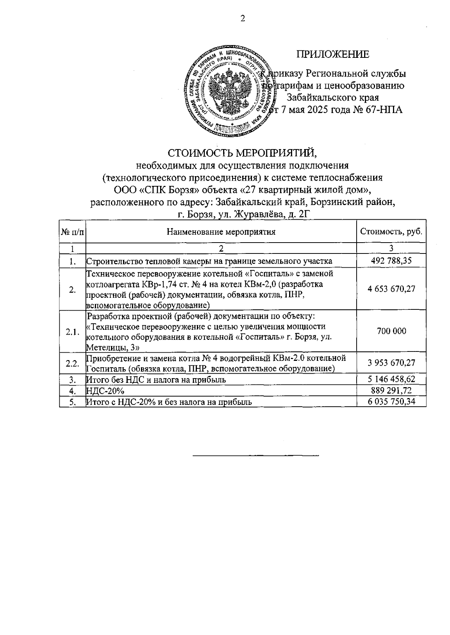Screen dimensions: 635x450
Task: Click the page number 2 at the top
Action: [243, 19]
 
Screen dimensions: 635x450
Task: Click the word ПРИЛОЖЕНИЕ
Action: [333, 54]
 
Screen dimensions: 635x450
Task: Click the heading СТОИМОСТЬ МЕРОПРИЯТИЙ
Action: [242, 153]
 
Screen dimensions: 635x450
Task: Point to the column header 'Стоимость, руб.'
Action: [391, 231]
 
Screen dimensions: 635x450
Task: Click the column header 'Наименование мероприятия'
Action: [221, 232]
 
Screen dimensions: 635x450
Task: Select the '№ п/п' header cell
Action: [72, 232]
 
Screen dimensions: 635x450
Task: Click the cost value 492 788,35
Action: [391, 261]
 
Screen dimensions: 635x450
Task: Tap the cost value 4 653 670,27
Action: [391, 289]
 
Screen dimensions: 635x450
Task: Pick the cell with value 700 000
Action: [391, 331]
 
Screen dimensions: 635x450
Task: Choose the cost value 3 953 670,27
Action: [391, 363]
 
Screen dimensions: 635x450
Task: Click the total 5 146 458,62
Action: [391, 379]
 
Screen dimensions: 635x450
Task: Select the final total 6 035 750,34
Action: [391, 402]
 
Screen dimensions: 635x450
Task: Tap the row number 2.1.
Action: [72, 332]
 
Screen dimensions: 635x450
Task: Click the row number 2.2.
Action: [72, 363]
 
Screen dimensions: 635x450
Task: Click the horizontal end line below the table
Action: [255, 456]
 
